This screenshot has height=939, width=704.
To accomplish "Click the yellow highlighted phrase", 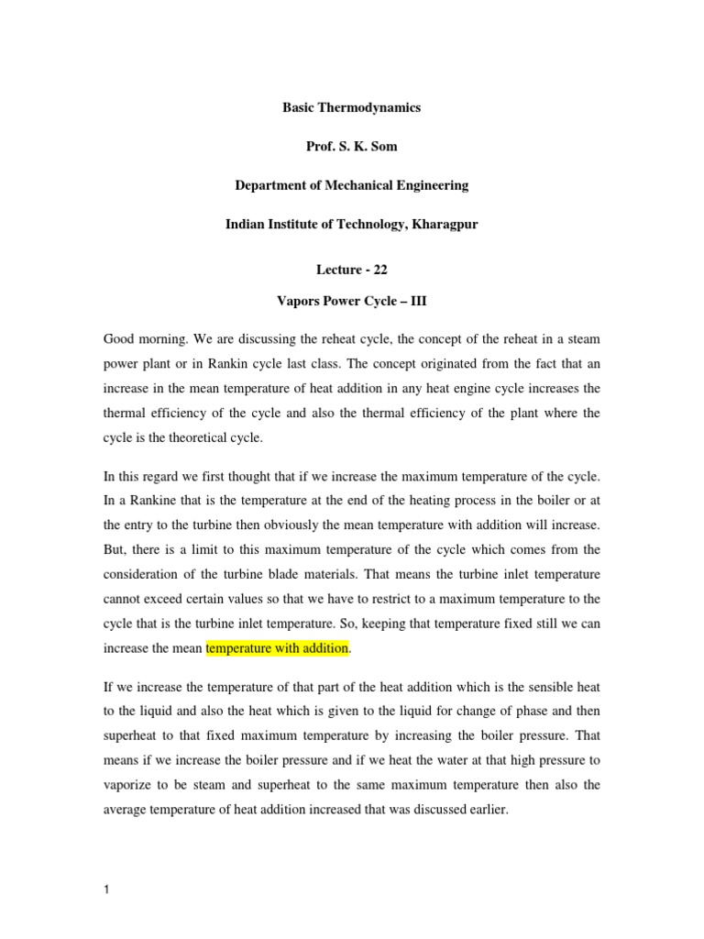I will pyautogui.click(x=278, y=648).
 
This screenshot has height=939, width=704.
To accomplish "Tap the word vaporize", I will pyautogui.click(x=133, y=785).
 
